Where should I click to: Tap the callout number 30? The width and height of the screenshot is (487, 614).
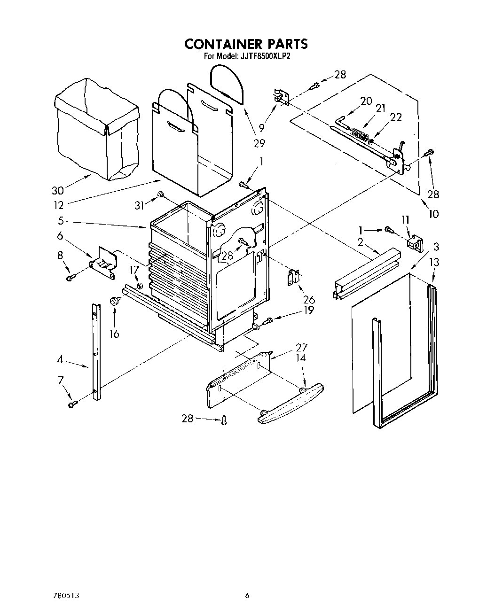tap(58, 191)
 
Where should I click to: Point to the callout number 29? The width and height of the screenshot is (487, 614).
tap(259, 143)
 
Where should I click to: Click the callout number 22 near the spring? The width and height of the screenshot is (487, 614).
tap(396, 117)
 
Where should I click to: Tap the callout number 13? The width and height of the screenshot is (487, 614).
tap(434, 262)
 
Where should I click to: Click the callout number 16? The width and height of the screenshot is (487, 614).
tap(114, 334)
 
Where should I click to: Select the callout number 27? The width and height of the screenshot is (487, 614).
tap(301, 348)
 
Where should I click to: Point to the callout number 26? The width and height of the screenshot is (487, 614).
tap(309, 299)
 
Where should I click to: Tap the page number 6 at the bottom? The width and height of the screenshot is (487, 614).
tap(247, 596)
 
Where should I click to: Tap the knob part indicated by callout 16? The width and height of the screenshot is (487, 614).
tap(114, 301)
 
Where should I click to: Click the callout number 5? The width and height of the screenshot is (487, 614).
tap(61, 221)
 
